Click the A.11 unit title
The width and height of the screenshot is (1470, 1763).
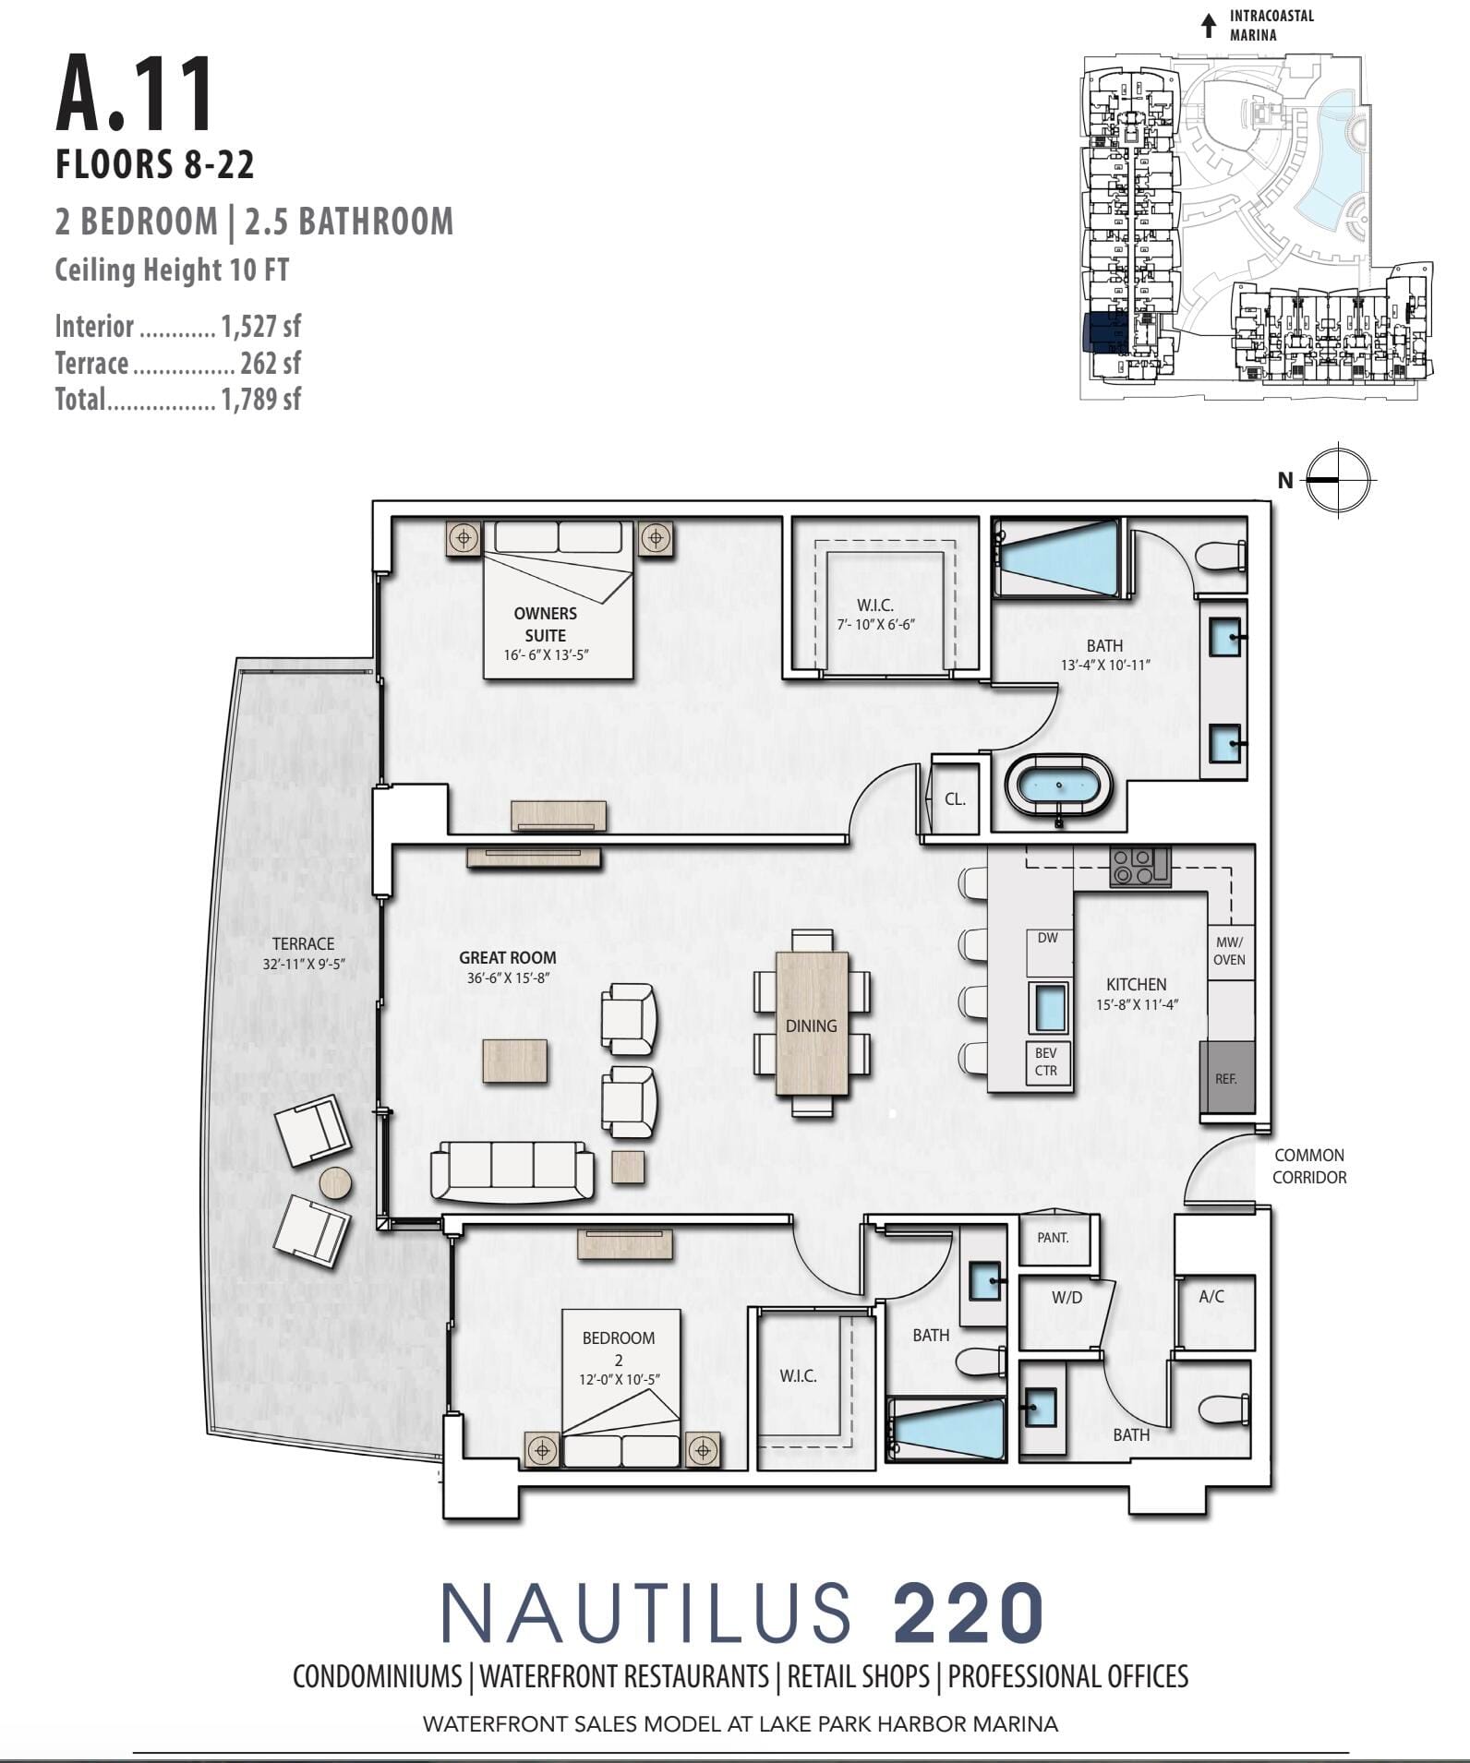(x=135, y=94)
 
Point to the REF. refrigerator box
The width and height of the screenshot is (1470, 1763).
(x=1226, y=1078)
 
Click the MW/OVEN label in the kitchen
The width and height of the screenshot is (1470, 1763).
(x=1229, y=951)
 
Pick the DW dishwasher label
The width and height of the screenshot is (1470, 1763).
(x=1048, y=938)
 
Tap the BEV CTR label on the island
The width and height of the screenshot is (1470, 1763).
(x=1046, y=1061)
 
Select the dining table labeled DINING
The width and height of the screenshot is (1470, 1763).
(x=813, y=1023)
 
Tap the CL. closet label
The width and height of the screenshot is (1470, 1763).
(x=955, y=799)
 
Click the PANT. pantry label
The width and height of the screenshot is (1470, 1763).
(x=1053, y=1237)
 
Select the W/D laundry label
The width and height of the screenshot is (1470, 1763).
(x=1066, y=1298)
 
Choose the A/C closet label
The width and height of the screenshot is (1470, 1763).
(x=1211, y=1297)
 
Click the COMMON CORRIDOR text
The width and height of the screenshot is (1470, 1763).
(x=1309, y=1166)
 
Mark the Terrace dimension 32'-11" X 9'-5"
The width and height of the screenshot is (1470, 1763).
(x=304, y=965)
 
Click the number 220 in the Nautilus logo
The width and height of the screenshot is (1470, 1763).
(x=969, y=1613)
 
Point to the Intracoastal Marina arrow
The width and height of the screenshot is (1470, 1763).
(x=1208, y=26)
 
